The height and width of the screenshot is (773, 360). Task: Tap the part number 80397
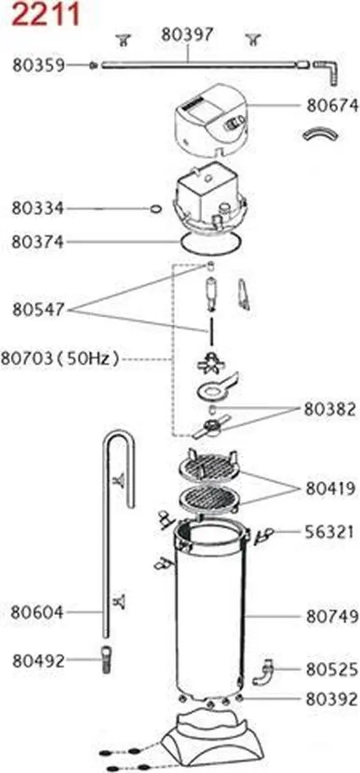click(x=187, y=35)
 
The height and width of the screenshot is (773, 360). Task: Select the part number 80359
click(x=38, y=65)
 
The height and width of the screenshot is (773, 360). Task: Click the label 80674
click(x=332, y=106)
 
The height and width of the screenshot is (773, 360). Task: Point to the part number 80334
click(x=37, y=209)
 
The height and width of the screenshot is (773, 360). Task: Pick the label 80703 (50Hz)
click(x=60, y=358)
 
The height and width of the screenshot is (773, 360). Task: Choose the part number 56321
click(x=329, y=532)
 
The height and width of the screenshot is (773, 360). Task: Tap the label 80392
click(x=332, y=699)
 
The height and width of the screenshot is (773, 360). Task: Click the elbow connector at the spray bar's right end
click(x=327, y=70)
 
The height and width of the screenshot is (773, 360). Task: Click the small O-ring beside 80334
click(x=156, y=209)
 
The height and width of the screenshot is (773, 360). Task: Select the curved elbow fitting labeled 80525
click(x=263, y=671)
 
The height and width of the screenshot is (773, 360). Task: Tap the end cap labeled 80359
click(x=93, y=65)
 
